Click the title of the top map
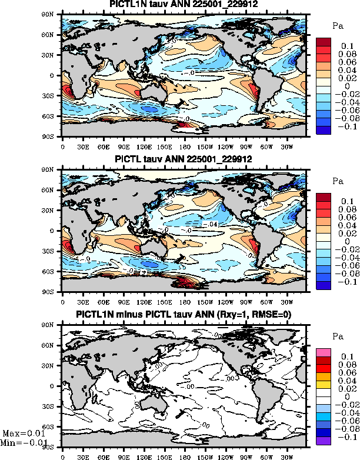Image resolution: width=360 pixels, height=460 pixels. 184,5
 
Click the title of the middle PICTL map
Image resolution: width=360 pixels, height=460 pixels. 184,159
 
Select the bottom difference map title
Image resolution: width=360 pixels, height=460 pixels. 184,315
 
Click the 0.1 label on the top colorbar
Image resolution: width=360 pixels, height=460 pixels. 346,45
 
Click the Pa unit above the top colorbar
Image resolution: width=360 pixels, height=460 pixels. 338,26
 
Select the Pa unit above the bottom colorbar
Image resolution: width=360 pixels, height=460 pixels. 338,337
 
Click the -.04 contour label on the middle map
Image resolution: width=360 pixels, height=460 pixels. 214,224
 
